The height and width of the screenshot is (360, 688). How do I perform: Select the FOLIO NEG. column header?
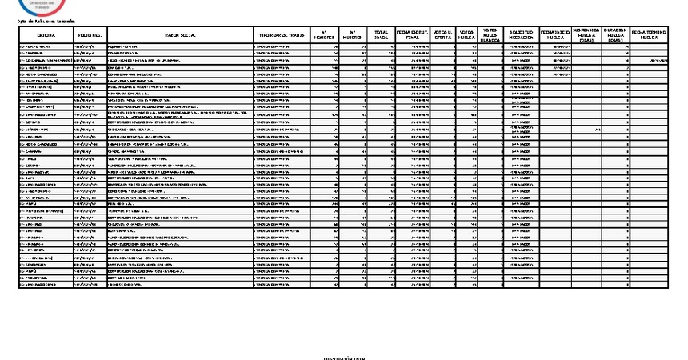(89, 36)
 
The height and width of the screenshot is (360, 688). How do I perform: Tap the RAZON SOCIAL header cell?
(179, 36)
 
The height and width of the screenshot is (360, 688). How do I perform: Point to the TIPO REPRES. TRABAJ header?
(281, 36)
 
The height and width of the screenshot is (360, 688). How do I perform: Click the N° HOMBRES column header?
(323, 36)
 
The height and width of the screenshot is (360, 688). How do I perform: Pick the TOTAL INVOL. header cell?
(382, 36)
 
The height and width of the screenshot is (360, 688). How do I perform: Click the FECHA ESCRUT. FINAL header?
(414, 36)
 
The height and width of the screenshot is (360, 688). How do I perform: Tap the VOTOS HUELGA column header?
(467, 36)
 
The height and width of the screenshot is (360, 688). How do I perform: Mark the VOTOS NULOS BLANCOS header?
(491, 34)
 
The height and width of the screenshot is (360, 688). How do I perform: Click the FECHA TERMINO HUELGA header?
(649, 36)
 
